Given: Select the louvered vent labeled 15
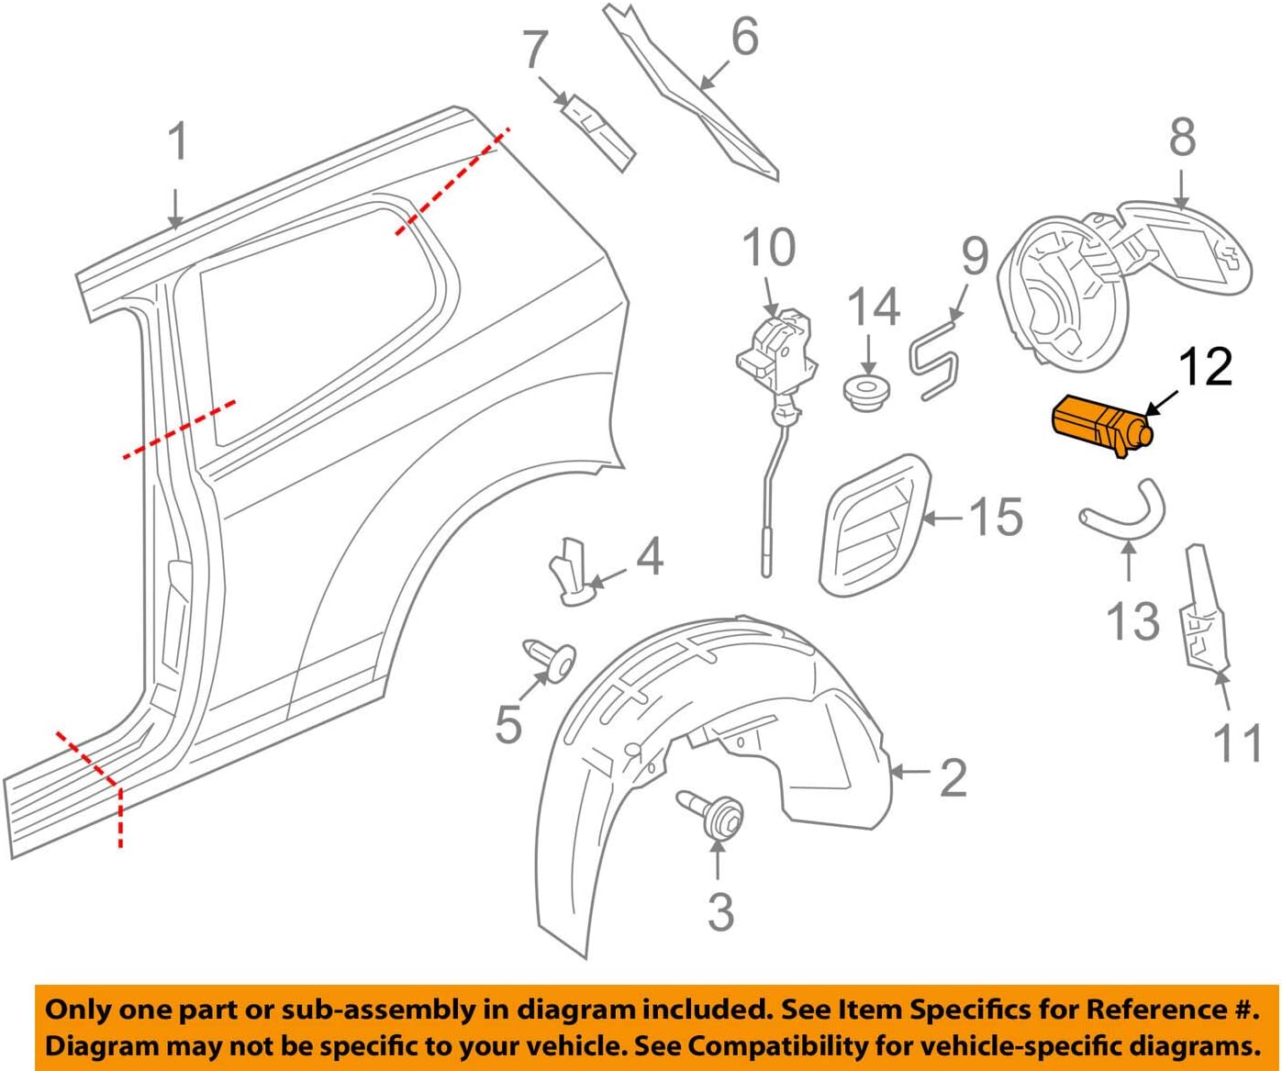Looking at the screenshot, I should click(x=872, y=525).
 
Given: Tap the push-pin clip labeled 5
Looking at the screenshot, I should click(x=551, y=658).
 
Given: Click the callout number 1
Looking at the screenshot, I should click(x=178, y=142).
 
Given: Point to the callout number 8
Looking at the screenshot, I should click(x=1182, y=137).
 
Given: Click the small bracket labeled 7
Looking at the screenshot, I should click(x=597, y=129).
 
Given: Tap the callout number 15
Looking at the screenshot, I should click(x=996, y=517).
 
